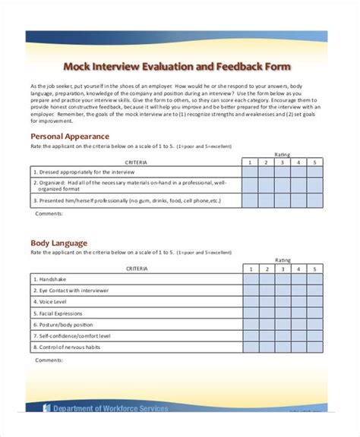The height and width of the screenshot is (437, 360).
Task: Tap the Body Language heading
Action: click(x=58, y=244)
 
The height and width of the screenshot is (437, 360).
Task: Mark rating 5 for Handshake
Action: click(x=316, y=279)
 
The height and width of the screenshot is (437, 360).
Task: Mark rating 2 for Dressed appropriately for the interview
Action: click(x=267, y=172)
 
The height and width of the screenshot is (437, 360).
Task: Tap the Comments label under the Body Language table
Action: click(x=49, y=361)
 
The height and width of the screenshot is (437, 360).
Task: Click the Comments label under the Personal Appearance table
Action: click(x=49, y=214)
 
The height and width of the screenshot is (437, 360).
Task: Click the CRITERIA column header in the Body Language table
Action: click(x=137, y=269)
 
